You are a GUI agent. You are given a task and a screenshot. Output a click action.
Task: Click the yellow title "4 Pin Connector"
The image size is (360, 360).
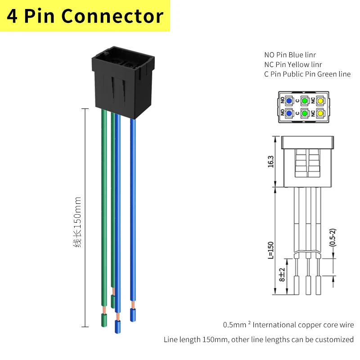[x=85, y=16]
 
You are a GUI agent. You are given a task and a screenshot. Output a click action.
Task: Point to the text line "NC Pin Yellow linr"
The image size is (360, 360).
[x=293, y=64]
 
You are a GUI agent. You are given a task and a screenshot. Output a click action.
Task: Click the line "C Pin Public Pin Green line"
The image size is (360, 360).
[x=307, y=74]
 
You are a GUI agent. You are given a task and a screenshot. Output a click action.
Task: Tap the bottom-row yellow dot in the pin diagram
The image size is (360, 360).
[x=320, y=113]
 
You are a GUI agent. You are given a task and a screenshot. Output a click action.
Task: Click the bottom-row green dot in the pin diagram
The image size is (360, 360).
[x=305, y=113]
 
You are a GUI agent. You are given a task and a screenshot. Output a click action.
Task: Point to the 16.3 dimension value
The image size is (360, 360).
[x=270, y=161]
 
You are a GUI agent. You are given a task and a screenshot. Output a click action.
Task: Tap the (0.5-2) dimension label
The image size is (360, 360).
[x=332, y=237]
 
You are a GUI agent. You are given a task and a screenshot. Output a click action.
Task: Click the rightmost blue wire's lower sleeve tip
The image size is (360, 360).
[x=133, y=315]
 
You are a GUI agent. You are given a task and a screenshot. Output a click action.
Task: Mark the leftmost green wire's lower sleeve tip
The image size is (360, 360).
[x=104, y=320]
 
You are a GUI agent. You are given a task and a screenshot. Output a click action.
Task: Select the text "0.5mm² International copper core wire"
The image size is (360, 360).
[x=288, y=324]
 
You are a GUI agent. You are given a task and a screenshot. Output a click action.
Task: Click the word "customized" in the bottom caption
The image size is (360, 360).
[x=333, y=339]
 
